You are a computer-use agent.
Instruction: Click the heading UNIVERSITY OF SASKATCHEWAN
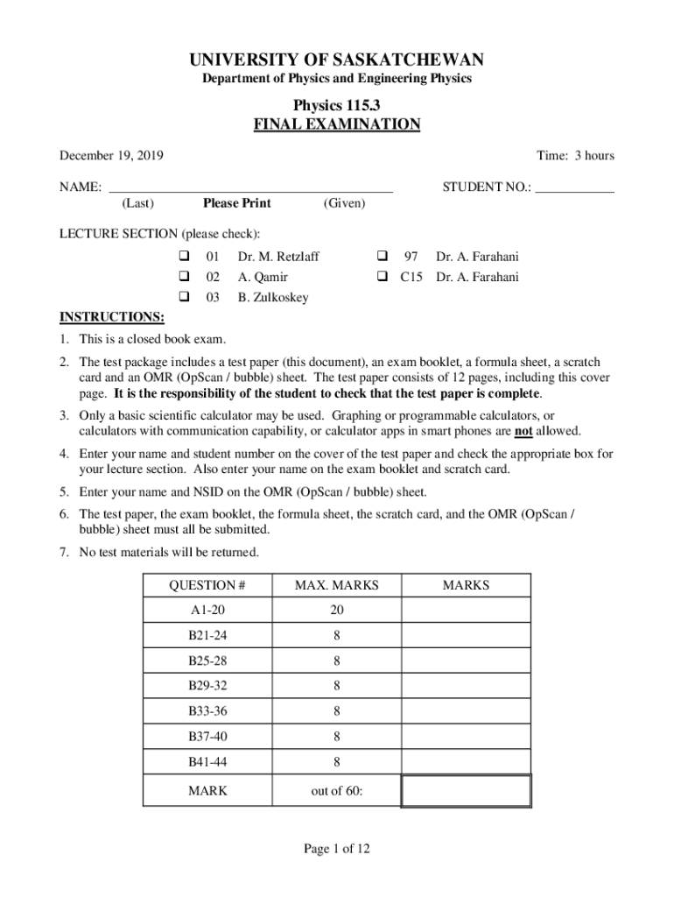[x=337, y=60]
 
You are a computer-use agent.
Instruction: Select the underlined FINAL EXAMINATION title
[x=337, y=124]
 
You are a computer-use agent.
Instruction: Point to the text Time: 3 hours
[x=575, y=156]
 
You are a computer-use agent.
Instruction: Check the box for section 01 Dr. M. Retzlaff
[x=185, y=258]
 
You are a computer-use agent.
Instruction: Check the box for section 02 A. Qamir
[x=185, y=278]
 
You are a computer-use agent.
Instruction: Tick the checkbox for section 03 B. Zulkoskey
[x=185, y=298]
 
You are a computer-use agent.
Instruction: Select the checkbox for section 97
[x=383, y=258]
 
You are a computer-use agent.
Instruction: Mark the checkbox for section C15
[x=383, y=278]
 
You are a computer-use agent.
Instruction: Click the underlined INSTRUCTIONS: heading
[x=111, y=317]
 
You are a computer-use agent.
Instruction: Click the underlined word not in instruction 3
[x=524, y=432]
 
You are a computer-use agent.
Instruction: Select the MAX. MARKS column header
[x=336, y=585]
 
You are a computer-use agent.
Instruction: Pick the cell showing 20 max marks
[x=336, y=610]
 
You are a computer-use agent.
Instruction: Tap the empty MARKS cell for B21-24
[x=466, y=635]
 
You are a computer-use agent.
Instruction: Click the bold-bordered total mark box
[x=466, y=790]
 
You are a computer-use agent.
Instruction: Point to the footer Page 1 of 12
[x=337, y=848]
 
